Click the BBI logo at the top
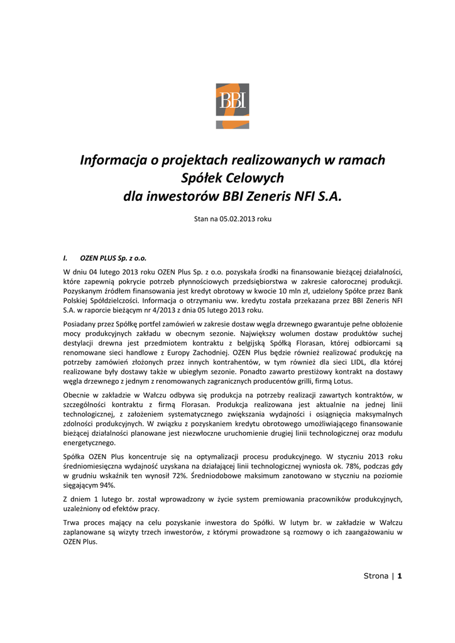coord(232,105)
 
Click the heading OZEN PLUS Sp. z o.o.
coord(114,257)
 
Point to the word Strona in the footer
coord(376,576)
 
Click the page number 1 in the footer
coord(399,576)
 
